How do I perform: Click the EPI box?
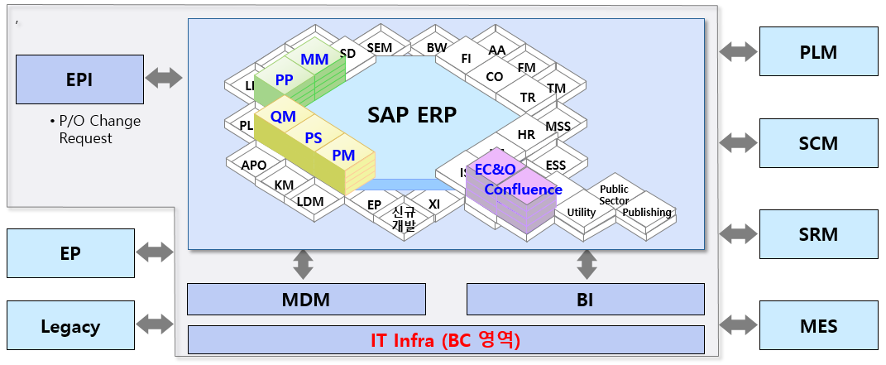pyautogui.click(x=79, y=79)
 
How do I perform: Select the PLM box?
pyautogui.click(x=818, y=52)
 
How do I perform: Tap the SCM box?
pyautogui.click(x=818, y=143)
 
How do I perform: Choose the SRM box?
pyautogui.click(x=818, y=234)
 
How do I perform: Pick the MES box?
pyautogui.click(x=818, y=325)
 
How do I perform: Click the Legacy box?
pyautogui.click(x=70, y=326)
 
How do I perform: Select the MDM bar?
pyautogui.click(x=306, y=300)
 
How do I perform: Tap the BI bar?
pyautogui.click(x=586, y=300)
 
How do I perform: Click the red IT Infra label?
pyautogui.click(x=445, y=339)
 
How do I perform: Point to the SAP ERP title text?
pyautogui.click(x=411, y=115)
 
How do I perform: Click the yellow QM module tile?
pyautogui.click(x=283, y=118)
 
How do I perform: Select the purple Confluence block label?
pyautogui.click(x=523, y=190)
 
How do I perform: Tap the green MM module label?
pyautogui.click(x=314, y=60)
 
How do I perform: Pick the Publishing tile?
pyautogui.click(x=647, y=213)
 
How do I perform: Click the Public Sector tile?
pyautogui.click(x=614, y=195)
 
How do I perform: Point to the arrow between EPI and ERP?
pyautogui.click(x=164, y=79)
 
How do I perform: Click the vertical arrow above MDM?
pyautogui.click(x=303, y=265)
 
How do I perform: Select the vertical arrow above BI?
pyautogui.click(x=587, y=265)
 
